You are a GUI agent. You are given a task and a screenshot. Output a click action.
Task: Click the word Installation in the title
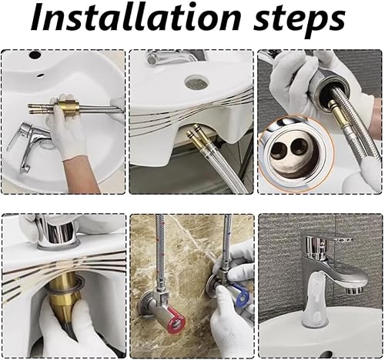click(136, 17)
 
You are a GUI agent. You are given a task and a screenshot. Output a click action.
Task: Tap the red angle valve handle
click(176, 322)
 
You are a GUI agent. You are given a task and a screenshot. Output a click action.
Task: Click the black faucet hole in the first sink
click(33, 55)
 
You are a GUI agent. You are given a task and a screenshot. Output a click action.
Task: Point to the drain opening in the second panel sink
click(196, 82)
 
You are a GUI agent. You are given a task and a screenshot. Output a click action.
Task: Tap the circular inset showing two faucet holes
click(296, 153)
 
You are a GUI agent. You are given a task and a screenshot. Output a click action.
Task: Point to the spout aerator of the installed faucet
click(354, 291)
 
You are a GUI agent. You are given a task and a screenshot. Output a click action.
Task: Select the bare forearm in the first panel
click(82, 175)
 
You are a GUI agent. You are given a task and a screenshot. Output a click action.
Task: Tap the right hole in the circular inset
click(300, 148)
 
